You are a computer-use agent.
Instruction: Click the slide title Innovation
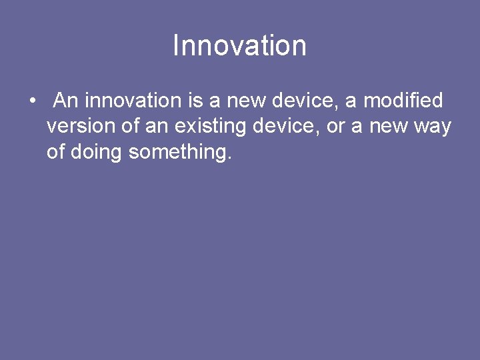click(239, 46)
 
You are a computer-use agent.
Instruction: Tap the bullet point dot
click(32, 101)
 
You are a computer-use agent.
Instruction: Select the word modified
click(403, 101)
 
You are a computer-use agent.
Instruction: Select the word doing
click(95, 153)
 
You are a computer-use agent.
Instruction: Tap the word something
click(180, 153)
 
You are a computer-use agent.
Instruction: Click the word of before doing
click(55, 152)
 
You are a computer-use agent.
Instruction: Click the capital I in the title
click(176, 46)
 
